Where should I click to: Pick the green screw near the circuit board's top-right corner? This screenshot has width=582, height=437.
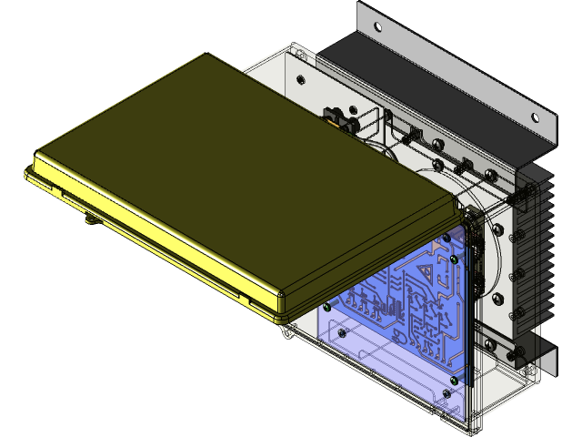[x=454, y=259]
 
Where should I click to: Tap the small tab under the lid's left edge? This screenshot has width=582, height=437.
[x=91, y=218]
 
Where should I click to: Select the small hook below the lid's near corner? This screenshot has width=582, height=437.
[x=287, y=332]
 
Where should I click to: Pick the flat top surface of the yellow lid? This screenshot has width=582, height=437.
[x=227, y=173]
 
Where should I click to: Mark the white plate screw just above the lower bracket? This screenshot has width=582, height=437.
[x=491, y=344]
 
